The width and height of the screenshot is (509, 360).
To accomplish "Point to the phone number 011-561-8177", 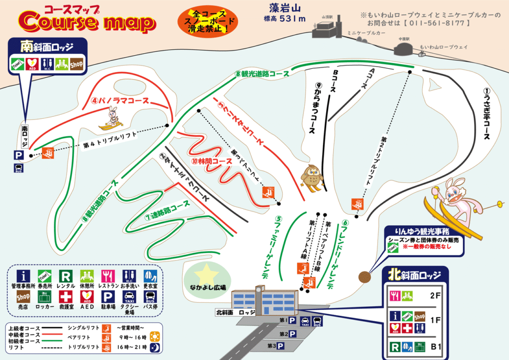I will click(437, 23).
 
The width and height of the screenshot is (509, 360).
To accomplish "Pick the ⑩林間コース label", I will click(212, 161).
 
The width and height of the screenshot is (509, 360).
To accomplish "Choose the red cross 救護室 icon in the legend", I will click(66, 297).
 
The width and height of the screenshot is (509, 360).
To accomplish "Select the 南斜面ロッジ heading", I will click(48, 48).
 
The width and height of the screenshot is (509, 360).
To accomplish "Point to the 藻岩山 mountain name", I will click(284, 8).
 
